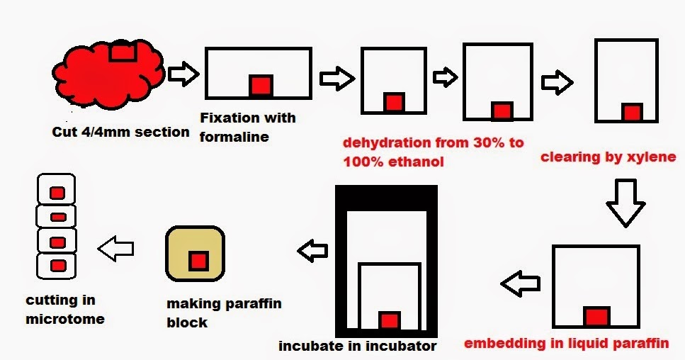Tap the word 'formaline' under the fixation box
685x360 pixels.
pos(234,136)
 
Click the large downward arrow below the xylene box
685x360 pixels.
pos(625,202)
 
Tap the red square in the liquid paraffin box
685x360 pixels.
pos(595,316)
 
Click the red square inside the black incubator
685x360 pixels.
pos(390,320)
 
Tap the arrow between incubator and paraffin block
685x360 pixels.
pos(313,250)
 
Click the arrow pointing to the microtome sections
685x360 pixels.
pos(115,249)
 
